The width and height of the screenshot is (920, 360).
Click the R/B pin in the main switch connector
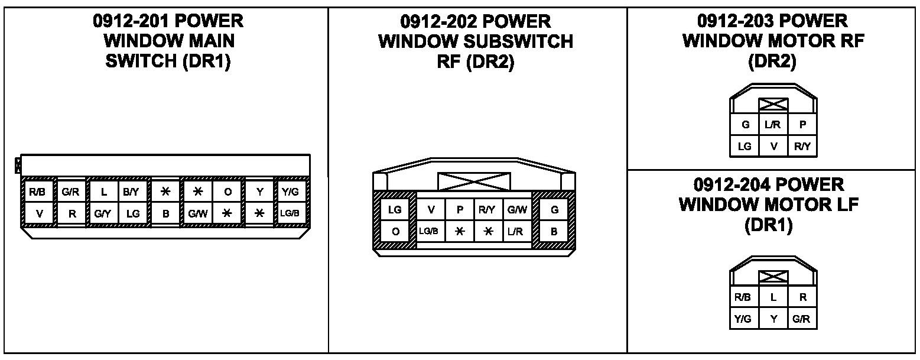pos(39,192)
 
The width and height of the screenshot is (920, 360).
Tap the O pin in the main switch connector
pos(227,192)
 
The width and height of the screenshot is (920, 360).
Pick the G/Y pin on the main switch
pos(102,214)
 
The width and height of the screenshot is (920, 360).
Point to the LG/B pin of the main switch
pos(290,214)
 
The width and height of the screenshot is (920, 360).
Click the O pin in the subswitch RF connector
pos(395,231)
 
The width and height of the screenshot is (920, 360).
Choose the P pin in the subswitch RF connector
pos(460,209)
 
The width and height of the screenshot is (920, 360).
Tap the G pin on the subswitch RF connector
pos(554,209)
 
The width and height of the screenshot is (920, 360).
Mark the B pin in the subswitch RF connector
pos(554,231)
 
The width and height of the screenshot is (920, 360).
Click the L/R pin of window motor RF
pos(773,125)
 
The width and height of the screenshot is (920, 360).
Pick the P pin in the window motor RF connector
pos(802,125)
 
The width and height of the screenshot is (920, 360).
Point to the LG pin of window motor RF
pos(745,146)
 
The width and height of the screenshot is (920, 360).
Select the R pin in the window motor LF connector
pos(802,297)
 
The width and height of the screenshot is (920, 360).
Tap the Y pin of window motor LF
pos(773,319)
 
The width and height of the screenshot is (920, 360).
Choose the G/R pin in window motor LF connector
pos(802,319)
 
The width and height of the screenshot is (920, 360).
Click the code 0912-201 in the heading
pos(129,21)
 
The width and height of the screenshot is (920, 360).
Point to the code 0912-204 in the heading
pos(730,184)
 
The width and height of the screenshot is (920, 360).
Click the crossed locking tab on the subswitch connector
pos(474,181)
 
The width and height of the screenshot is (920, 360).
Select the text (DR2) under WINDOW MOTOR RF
pos(772,61)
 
